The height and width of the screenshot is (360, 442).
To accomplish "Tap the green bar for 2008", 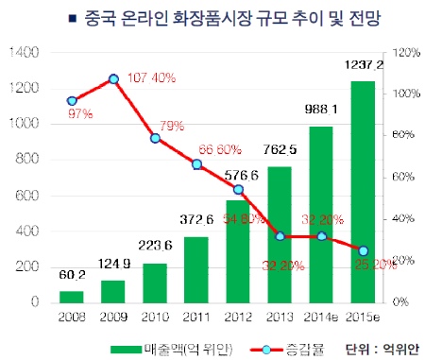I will [72, 297].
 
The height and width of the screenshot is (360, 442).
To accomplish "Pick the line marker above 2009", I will [113, 79].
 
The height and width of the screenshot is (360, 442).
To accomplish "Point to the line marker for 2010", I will [155, 138].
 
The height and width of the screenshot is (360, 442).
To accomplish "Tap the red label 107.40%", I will [151, 77].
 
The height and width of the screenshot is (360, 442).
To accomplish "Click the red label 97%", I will [79, 114].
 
